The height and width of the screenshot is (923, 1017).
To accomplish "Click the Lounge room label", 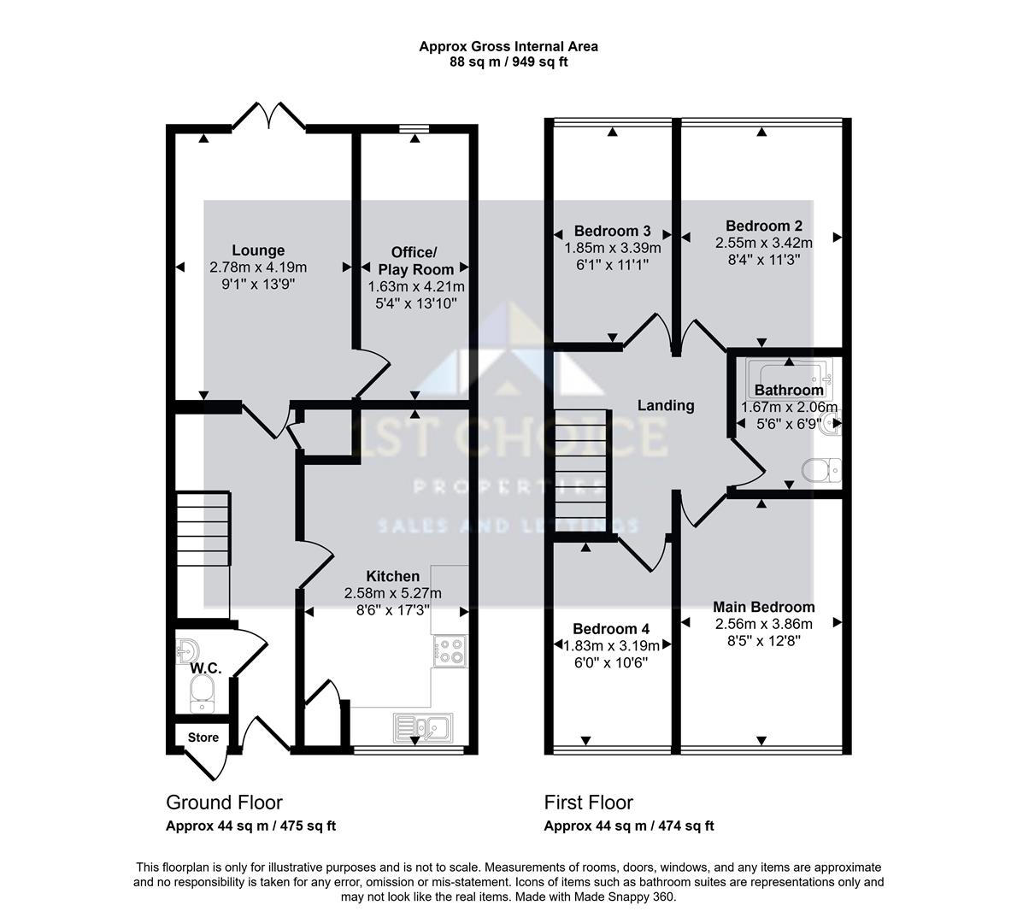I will click(258, 250).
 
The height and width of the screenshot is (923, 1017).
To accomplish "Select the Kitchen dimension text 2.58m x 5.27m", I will click(393, 593).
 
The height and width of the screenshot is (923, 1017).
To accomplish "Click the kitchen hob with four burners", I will click(450, 651).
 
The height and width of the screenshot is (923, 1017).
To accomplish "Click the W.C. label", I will click(206, 668).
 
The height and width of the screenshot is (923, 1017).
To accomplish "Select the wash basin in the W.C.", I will click(188, 650).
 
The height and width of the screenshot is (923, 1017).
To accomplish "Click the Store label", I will click(203, 737).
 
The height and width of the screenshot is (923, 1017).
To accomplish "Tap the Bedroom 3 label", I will click(612, 231).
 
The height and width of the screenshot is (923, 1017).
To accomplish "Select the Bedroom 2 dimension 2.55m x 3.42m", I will click(764, 243).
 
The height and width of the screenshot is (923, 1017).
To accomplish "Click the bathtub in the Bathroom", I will click(788, 373).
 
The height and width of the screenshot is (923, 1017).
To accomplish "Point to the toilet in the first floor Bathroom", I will click(822, 470).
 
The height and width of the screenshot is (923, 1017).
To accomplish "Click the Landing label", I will click(666, 405).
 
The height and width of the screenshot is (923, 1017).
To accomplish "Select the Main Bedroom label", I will click(764, 607).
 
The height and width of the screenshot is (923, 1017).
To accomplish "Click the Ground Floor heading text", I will click(224, 802).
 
